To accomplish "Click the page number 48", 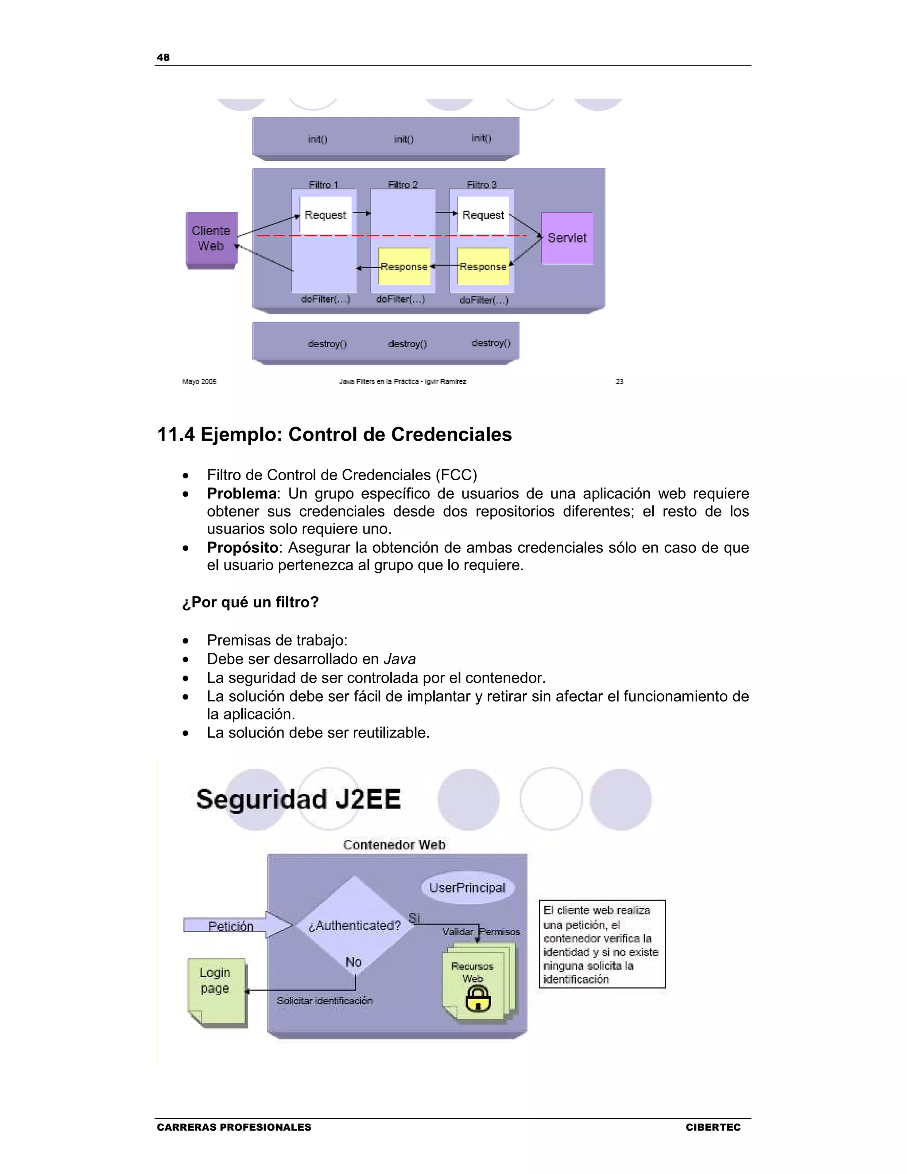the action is pos(163,58).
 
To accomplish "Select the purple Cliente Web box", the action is pos(211,239).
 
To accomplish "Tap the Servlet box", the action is pos(567,238).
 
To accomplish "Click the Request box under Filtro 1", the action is pos(325,215).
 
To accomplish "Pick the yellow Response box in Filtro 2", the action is pos(404,266).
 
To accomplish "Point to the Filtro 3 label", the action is pos(481,185).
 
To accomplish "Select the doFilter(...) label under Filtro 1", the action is pos(326,299).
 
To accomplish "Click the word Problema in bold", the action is pos(241,494).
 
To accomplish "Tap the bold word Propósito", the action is pos(242,547).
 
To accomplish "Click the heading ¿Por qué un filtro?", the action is pos(250,602).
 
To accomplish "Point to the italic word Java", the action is pos(399,659).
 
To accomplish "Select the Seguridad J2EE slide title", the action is pos(298,799).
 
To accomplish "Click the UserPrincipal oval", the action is pos(467,887).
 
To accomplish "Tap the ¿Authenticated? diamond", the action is pos(354,925).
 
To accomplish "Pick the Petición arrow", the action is pos(236,925).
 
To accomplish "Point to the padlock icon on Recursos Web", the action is pos(478,999).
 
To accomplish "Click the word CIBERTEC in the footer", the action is pos(713,1127).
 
